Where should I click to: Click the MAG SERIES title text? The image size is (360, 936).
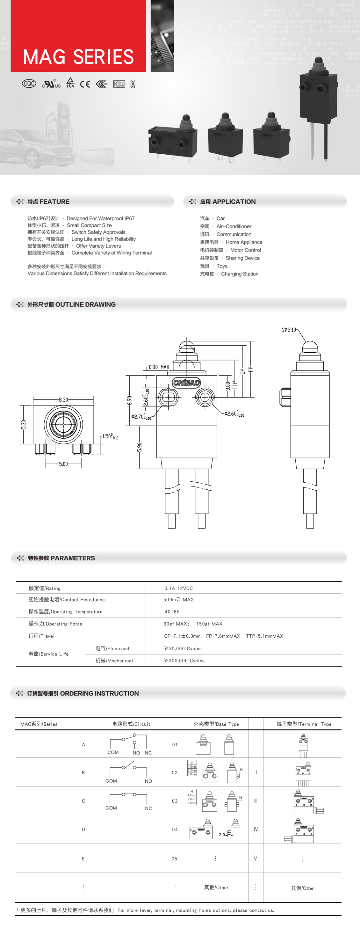click(x=78, y=57)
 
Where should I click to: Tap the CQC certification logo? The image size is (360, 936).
click(x=29, y=84)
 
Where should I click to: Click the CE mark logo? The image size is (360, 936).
click(x=85, y=84)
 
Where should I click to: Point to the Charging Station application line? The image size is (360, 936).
click(x=229, y=274)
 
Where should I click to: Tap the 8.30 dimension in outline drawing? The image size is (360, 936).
click(x=63, y=400)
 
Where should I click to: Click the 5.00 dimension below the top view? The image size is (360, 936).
click(x=63, y=464)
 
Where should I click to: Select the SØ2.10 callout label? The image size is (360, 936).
click(x=289, y=330)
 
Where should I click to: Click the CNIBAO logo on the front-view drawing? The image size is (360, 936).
click(x=186, y=382)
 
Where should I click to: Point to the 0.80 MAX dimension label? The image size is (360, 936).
click(x=159, y=367)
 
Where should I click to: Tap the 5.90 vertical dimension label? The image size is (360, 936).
click(x=140, y=447)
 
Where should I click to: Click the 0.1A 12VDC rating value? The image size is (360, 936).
click(x=178, y=588)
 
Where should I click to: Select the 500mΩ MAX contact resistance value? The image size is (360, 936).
click(x=178, y=600)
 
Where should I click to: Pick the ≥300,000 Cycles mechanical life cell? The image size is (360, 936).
click(x=184, y=661)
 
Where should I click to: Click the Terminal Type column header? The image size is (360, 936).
click(x=304, y=724)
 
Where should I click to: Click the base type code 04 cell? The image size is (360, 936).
click(x=175, y=830)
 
